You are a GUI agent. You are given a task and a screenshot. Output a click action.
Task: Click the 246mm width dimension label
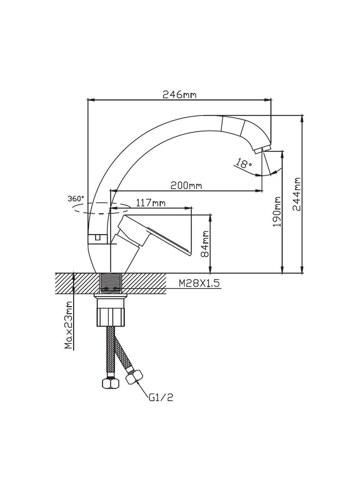(180, 95)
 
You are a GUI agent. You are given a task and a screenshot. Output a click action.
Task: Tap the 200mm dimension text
(186, 186)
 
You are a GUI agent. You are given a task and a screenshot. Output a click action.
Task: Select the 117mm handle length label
(151, 203)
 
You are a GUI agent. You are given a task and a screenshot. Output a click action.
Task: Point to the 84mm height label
(205, 244)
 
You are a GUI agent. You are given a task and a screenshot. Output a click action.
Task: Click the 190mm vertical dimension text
(277, 211)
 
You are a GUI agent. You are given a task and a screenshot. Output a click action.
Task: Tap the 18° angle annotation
(243, 163)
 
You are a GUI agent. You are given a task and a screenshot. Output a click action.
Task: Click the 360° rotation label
(76, 198)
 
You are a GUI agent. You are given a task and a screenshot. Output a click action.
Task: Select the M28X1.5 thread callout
(199, 283)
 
